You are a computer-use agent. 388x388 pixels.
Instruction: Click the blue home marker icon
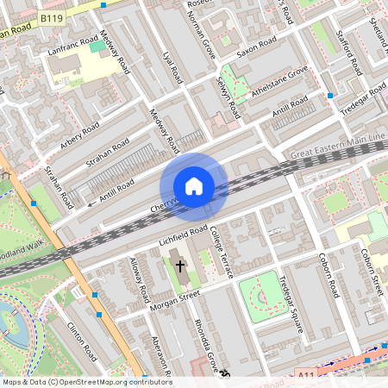pos(193,185)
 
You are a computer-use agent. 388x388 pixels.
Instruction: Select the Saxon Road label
pos(256,46)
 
